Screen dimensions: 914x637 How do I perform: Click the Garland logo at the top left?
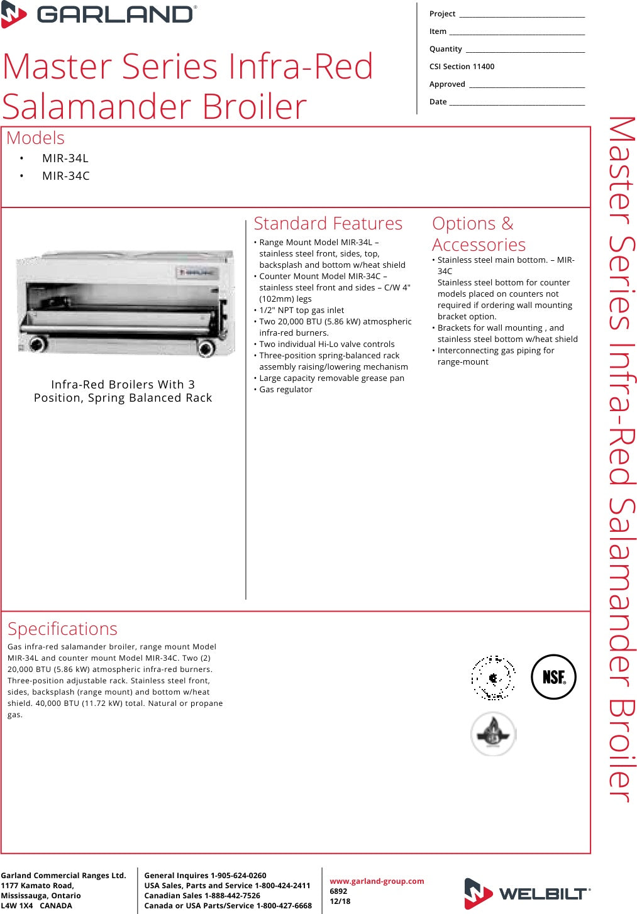pos(99,14)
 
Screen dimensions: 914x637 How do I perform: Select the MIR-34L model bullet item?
pos(65,158)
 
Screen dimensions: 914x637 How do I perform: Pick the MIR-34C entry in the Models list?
pos(65,176)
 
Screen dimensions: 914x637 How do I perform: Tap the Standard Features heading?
pos(328,224)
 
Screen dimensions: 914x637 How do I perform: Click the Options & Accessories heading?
pos(479,234)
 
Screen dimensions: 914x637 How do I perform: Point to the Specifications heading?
pos(62,629)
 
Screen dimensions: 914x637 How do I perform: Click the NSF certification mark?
pos(553,677)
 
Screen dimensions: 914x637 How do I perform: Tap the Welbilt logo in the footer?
pos(527,893)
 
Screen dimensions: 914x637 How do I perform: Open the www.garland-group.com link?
pos(377,881)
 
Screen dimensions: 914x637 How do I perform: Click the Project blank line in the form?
pos(521,15)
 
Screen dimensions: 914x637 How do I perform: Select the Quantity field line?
pos(525,50)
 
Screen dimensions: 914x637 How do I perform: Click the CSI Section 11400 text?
pos(462,67)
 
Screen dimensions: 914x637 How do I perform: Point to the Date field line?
pos(517,103)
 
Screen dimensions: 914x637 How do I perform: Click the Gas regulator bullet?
pos(285,390)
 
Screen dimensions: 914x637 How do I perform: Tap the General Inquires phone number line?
pos(205,876)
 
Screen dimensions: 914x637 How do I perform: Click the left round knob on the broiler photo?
pos(38,344)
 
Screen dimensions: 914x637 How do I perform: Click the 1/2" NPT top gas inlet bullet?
pos(301,311)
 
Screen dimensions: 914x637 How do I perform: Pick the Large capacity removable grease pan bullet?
pos(331,378)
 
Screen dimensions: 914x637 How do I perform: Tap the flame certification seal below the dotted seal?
pos(494,734)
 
